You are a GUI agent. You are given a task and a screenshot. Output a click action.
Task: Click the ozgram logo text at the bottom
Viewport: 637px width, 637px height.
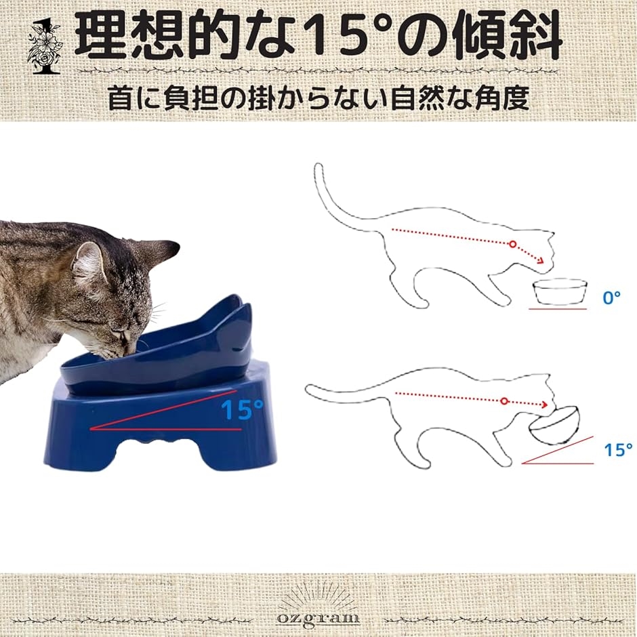tap(318, 618)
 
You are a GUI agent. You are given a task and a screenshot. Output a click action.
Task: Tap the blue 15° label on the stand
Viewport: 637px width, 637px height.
tap(243, 409)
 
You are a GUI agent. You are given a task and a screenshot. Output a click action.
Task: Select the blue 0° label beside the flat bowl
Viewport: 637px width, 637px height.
tap(612, 297)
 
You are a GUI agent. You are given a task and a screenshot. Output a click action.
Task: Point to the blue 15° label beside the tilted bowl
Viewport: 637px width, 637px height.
tap(618, 450)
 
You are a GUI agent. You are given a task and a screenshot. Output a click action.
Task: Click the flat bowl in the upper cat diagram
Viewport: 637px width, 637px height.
tap(560, 291)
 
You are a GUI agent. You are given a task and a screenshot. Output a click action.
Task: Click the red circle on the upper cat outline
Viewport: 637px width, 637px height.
tap(513, 244)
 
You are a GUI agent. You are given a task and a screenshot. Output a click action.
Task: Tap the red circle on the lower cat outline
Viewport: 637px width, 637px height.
tap(504, 401)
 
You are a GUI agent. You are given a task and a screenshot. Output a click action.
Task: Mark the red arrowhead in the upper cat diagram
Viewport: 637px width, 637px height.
tap(541, 261)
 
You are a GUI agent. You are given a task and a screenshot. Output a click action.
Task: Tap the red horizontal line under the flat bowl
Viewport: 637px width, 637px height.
tap(558, 309)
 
